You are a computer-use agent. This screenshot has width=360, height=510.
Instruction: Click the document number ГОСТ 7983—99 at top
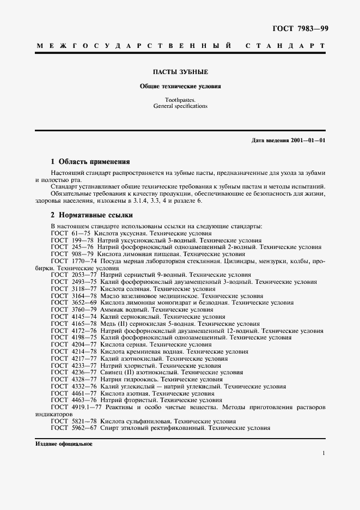[x=300, y=28]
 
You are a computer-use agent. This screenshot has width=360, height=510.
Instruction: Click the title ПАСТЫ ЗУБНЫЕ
[x=180, y=72]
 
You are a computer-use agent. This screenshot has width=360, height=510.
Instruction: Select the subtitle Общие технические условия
[x=180, y=86]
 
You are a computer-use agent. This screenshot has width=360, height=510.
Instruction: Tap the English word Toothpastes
[x=180, y=100]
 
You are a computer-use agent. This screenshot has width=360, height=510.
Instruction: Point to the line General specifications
[x=180, y=106]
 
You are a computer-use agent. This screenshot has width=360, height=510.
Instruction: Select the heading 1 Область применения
[x=90, y=162]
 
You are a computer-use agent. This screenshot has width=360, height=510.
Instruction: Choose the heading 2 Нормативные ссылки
[x=91, y=215]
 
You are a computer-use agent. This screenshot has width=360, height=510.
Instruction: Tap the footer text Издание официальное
[x=64, y=444]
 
